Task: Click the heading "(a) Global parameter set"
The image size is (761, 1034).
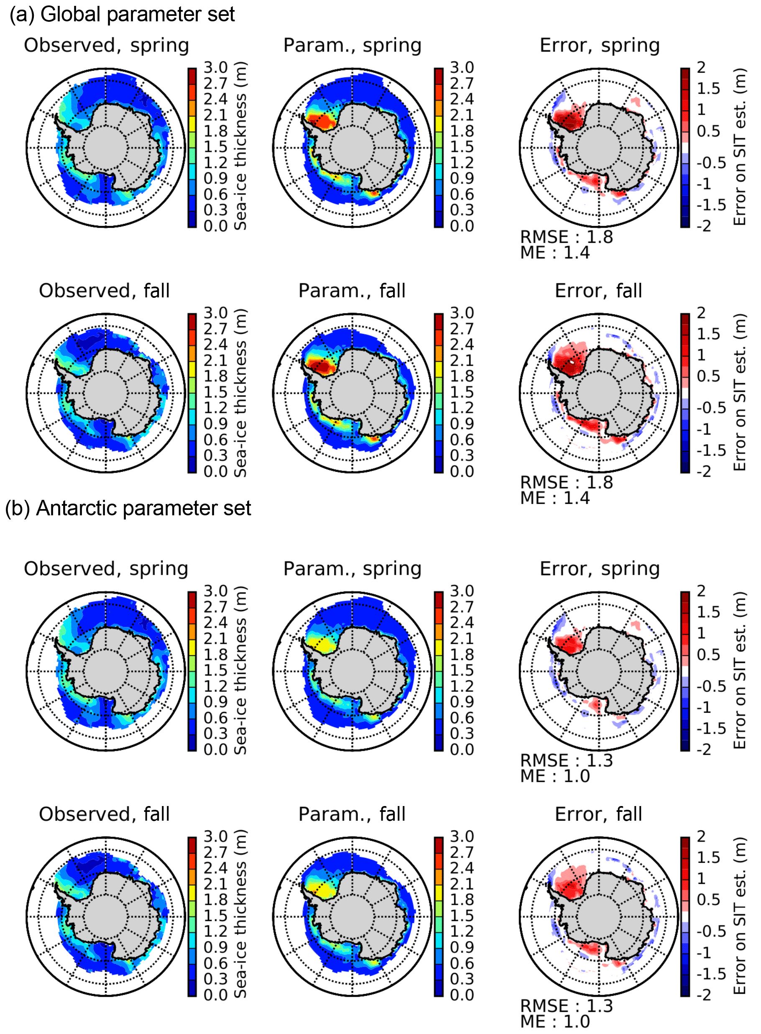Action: point(122,14)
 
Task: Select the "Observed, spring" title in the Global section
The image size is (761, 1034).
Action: point(106,46)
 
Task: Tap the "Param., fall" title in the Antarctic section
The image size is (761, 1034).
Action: point(352,814)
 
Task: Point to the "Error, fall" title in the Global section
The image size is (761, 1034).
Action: point(598,291)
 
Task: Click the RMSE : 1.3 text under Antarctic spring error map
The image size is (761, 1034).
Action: point(567,760)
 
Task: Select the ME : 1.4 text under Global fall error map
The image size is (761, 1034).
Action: point(555,498)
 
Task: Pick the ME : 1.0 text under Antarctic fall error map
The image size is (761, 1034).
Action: point(555,1021)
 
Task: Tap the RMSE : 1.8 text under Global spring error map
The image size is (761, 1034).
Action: point(567,237)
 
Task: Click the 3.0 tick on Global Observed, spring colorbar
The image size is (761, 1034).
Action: point(216,67)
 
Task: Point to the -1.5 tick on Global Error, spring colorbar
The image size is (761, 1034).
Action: point(711,205)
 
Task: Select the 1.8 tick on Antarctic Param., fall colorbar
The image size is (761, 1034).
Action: point(462,899)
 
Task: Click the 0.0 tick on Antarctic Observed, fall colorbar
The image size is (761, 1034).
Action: point(216,995)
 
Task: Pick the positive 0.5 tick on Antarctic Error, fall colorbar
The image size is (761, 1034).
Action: point(708,899)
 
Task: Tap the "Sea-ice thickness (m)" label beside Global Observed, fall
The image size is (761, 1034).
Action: point(240,393)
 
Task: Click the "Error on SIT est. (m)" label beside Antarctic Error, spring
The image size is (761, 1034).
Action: point(739,671)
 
